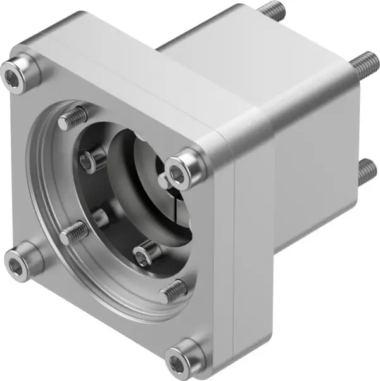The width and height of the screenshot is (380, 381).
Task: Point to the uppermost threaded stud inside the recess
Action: click(75, 119)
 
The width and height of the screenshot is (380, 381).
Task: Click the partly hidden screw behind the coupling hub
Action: click(101, 219)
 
